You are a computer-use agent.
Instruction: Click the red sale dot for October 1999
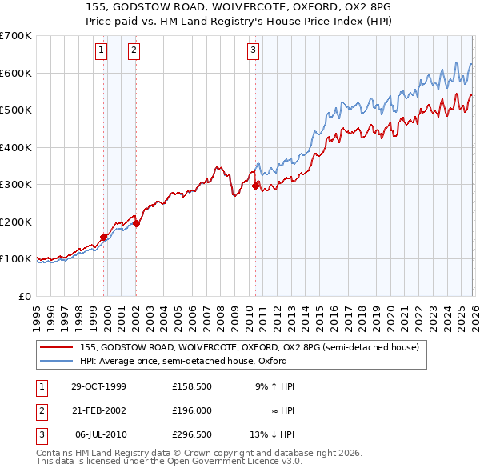(x=104, y=237)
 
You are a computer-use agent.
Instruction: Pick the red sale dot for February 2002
(x=136, y=223)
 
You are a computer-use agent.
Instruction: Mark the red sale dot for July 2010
(x=255, y=186)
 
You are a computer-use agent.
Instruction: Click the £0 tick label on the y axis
(x=26, y=296)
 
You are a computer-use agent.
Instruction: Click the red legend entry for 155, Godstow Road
(x=249, y=347)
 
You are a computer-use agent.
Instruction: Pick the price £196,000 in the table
(x=192, y=410)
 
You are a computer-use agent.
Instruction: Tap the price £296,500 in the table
(x=192, y=434)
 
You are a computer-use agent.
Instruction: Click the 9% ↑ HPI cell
(x=275, y=386)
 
